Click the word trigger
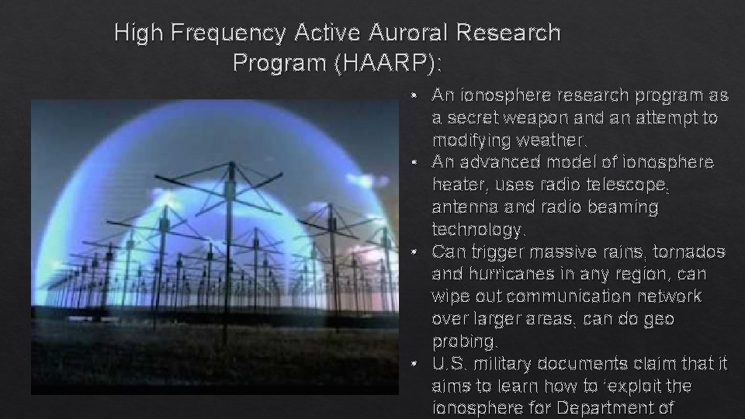[x=491, y=252]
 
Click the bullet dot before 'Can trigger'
[x=418, y=253]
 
